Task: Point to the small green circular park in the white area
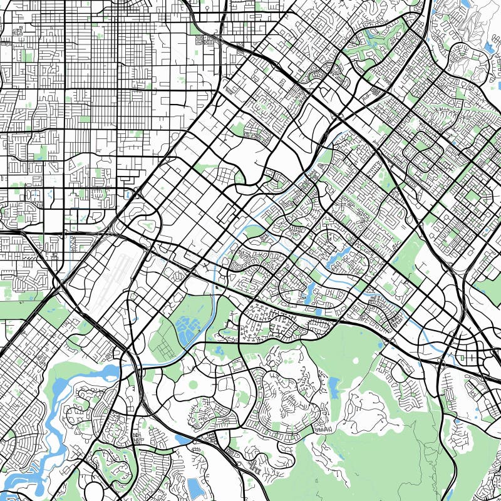click(192, 384)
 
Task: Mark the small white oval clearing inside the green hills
click(401, 426)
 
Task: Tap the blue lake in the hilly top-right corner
click(489, 47)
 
